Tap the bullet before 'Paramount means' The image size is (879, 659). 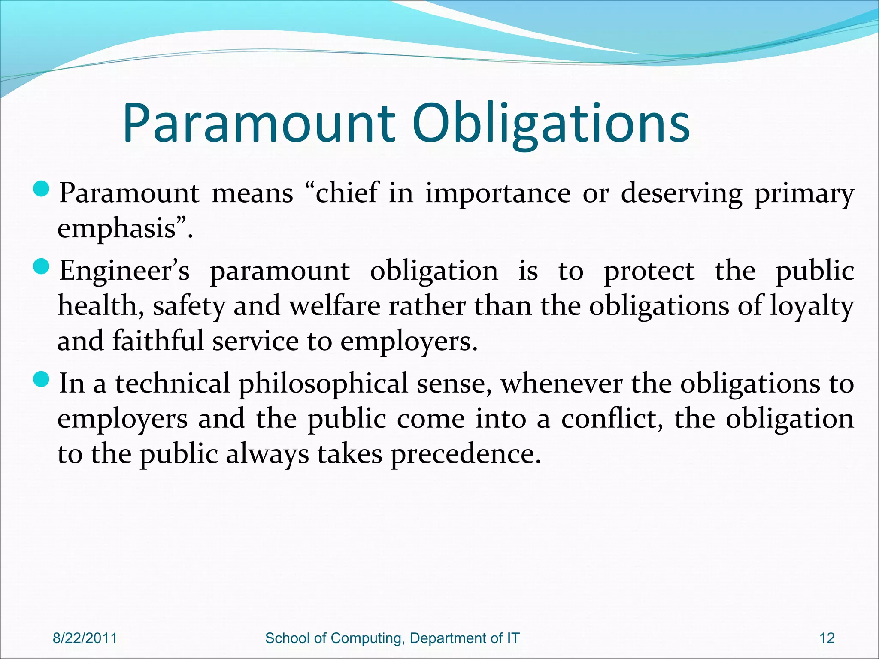pyautogui.click(x=42, y=190)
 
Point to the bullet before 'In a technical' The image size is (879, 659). pyautogui.click(x=42, y=380)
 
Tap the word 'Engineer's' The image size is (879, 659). pyautogui.click(x=124, y=271)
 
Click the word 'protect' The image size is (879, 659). pyautogui.click(x=649, y=272)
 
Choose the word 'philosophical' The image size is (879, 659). pyautogui.click(x=323, y=384)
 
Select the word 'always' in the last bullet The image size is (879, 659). pyautogui.click(x=267, y=454)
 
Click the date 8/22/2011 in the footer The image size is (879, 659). pyautogui.click(x=85, y=638)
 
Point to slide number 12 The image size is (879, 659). pyautogui.click(x=827, y=638)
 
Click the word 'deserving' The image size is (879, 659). pyautogui.click(x=682, y=193)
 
